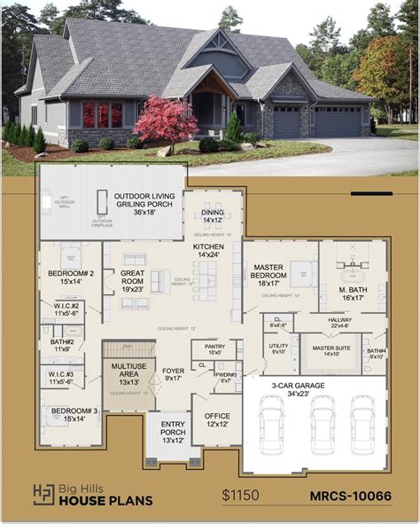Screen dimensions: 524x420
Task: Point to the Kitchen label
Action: click(209, 249)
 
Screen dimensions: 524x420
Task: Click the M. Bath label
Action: click(352, 294)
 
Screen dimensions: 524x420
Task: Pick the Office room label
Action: click(216, 418)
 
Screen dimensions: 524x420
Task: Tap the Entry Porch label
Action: click(173, 431)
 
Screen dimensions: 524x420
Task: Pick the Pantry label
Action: click(214, 349)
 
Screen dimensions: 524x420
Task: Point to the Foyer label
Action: click(173, 375)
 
